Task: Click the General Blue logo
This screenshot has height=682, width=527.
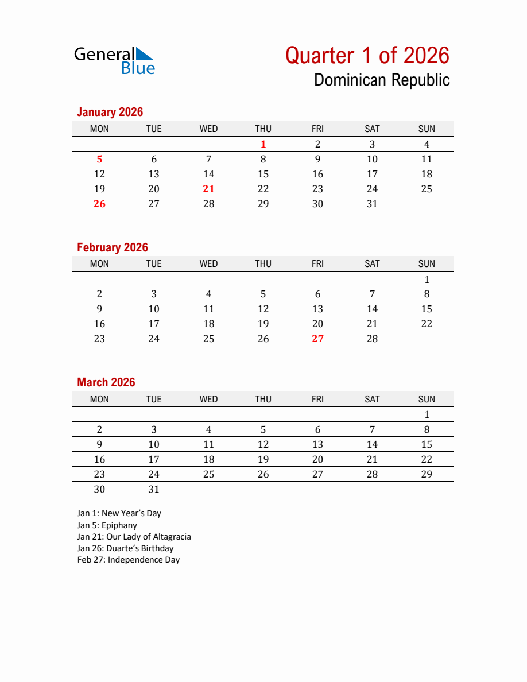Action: click(x=115, y=61)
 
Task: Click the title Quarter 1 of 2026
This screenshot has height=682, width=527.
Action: click(x=367, y=56)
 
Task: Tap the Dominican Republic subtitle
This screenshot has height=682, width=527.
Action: click(x=382, y=80)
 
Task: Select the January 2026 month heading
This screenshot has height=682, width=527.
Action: click(x=110, y=112)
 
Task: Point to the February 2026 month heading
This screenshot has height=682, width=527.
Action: click(x=113, y=247)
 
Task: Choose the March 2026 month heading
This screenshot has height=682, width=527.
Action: click(x=106, y=382)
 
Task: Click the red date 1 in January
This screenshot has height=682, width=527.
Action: click(x=263, y=145)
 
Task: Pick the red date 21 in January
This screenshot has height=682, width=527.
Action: click(x=209, y=189)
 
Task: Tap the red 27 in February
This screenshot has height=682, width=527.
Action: click(x=318, y=339)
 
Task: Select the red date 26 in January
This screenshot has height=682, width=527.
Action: click(x=99, y=204)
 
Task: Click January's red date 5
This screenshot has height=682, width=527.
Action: click(x=99, y=160)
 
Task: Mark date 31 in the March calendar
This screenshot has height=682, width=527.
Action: click(x=154, y=489)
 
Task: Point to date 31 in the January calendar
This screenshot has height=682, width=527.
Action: click(x=373, y=204)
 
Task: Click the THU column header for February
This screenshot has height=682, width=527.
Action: click(x=263, y=264)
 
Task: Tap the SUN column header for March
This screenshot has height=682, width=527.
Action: click(x=427, y=399)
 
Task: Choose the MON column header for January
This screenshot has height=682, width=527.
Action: click(x=99, y=129)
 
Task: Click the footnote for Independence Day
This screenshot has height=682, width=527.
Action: click(x=129, y=560)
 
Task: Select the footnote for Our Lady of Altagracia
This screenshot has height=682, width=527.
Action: click(x=134, y=537)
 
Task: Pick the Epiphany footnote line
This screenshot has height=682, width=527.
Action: click(x=107, y=525)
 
